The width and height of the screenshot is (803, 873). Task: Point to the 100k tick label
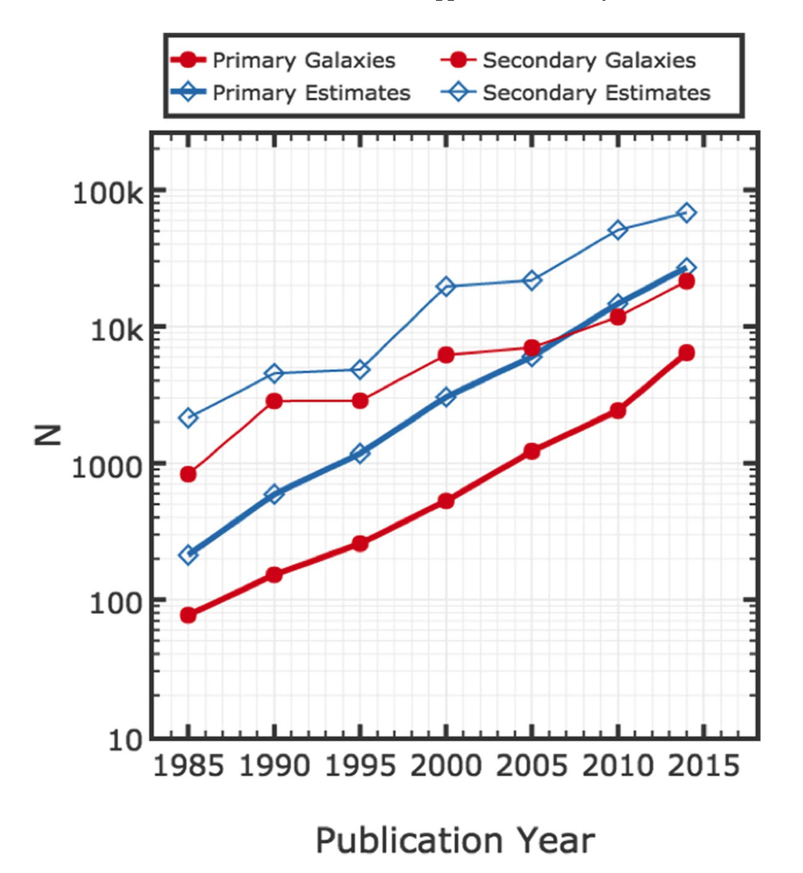(107, 194)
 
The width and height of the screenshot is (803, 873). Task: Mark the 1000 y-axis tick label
(107, 467)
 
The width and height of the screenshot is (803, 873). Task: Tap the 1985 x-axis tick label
(188, 766)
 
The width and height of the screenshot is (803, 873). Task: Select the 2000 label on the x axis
(446, 766)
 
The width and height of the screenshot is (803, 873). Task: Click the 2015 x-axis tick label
(704, 766)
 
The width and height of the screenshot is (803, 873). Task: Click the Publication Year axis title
(455, 840)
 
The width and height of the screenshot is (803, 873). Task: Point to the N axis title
(48, 435)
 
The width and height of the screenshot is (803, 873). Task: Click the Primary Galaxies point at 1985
(188, 615)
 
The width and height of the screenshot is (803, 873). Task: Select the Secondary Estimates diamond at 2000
(446, 286)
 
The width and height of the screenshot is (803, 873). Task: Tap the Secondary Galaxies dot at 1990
(274, 401)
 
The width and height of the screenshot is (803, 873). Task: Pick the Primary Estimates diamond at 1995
(360, 454)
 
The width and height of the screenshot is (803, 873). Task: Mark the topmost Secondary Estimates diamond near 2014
(686, 213)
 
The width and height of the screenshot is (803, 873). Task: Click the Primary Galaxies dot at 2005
(532, 451)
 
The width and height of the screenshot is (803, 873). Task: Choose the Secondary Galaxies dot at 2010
(617, 316)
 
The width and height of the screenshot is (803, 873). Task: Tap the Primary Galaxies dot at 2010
(617, 410)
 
